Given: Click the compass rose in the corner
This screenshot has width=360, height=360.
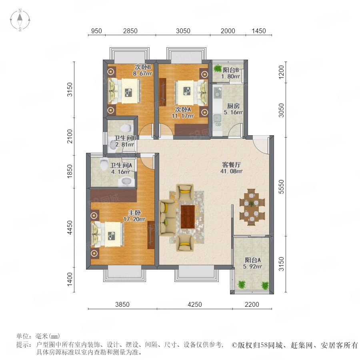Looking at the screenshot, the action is (x=20, y=20).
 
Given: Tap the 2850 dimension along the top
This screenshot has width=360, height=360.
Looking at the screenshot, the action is (x=130, y=31).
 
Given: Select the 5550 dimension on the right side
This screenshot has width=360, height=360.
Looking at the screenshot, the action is (x=281, y=187).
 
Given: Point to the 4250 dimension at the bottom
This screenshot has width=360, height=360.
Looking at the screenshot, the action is (x=195, y=304).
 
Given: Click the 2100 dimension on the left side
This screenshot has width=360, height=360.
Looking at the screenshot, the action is (x=70, y=136).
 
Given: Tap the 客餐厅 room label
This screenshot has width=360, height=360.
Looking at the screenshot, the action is (x=232, y=165).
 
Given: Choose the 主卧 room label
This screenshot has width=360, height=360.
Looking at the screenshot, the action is (x=134, y=213).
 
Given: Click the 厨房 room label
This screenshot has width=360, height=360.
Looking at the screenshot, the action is (x=233, y=106).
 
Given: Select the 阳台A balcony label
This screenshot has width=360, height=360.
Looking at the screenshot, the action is (x=252, y=260).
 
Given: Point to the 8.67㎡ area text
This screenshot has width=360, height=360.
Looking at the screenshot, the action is (x=142, y=74).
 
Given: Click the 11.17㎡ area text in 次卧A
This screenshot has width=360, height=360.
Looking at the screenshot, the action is (x=182, y=116).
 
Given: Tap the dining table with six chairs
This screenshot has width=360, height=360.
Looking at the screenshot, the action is (x=252, y=207).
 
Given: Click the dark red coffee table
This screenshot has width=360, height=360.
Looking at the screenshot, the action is (x=188, y=217).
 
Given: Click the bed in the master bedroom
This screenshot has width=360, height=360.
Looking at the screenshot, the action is (x=107, y=234).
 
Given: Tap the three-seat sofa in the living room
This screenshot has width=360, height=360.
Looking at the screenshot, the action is (x=167, y=218).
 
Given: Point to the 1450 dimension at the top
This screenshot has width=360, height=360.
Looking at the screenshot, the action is (x=259, y=31).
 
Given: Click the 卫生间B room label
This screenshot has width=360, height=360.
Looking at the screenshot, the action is (x=125, y=138).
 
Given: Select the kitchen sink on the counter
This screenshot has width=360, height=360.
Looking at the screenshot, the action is (x=217, y=118).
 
